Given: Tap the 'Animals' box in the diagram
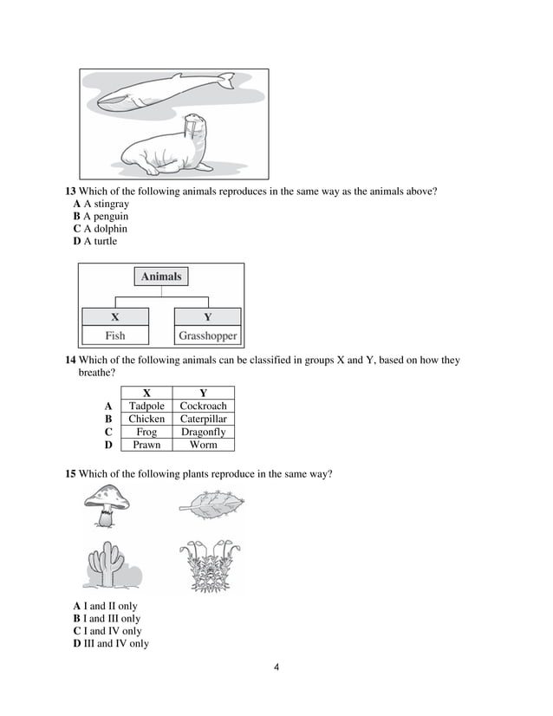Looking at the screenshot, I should click(x=161, y=277).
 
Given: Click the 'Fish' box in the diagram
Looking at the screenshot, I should click(x=115, y=335).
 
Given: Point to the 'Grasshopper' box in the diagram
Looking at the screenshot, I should click(x=207, y=335).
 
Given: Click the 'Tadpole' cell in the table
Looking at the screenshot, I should click(x=146, y=406).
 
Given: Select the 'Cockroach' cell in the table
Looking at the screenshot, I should click(x=203, y=406).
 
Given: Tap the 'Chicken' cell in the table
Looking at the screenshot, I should click(x=146, y=419).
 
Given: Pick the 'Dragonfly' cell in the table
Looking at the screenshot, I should click(x=203, y=432).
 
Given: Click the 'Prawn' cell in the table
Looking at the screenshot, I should click(x=146, y=445).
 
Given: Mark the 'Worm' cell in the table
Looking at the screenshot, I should click(x=203, y=445).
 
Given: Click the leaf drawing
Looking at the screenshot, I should click(x=211, y=503).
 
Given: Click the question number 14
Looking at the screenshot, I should click(x=71, y=361).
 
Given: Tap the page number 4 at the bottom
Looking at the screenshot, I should click(x=276, y=667).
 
